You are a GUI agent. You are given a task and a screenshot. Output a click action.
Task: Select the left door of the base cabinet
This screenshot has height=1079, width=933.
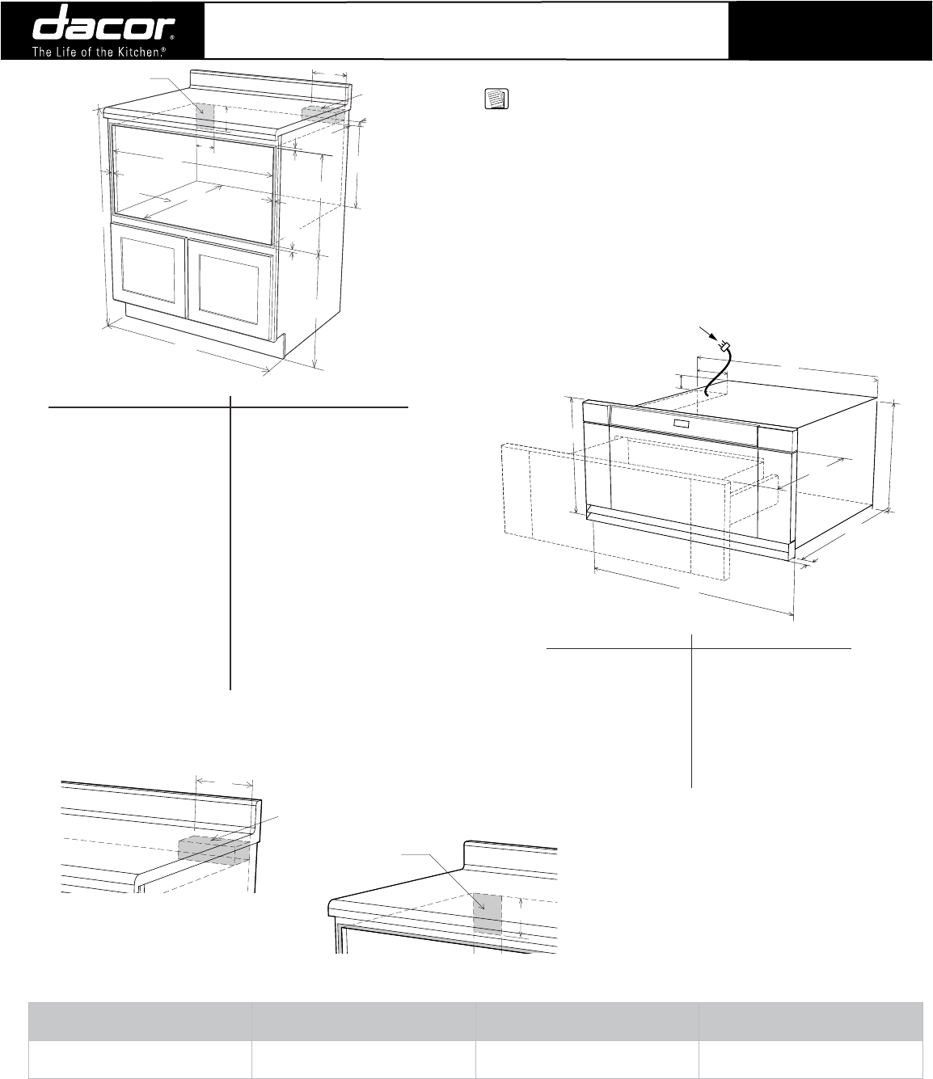(148, 271)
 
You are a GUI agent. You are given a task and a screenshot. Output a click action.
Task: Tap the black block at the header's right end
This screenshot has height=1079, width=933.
(830, 30)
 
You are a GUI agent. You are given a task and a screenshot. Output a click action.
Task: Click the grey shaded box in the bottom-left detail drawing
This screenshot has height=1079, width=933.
(212, 851)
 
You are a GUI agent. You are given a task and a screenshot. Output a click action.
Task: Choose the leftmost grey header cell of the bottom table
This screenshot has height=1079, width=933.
(139, 1020)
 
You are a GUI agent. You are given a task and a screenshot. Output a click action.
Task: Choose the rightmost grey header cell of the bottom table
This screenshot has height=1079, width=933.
(812, 1020)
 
